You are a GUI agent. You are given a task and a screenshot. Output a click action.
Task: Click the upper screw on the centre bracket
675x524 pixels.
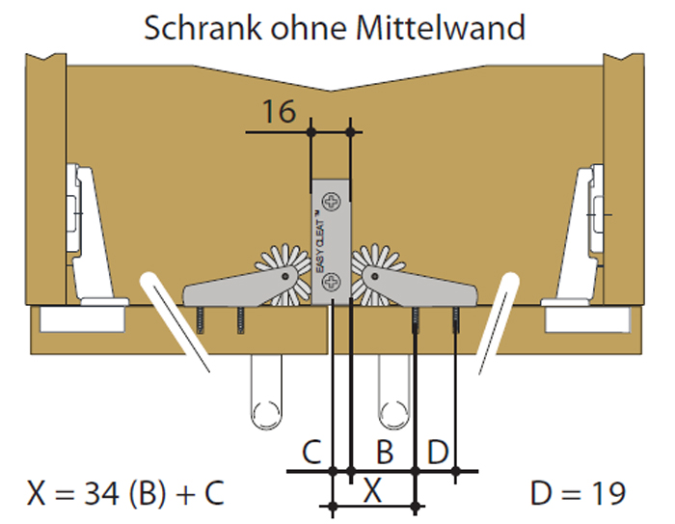click(334, 203)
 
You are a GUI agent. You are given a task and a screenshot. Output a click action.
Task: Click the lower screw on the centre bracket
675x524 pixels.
click(333, 281)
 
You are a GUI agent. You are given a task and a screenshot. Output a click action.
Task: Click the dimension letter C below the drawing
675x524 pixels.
click(310, 451)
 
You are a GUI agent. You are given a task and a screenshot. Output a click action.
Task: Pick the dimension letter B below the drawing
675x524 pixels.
click(384, 451)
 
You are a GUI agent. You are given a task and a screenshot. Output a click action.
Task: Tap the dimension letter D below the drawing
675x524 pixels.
click(437, 451)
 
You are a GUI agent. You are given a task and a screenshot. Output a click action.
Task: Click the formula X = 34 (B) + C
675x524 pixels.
click(126, 493)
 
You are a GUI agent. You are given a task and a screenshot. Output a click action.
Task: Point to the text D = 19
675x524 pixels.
click(578, 493)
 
